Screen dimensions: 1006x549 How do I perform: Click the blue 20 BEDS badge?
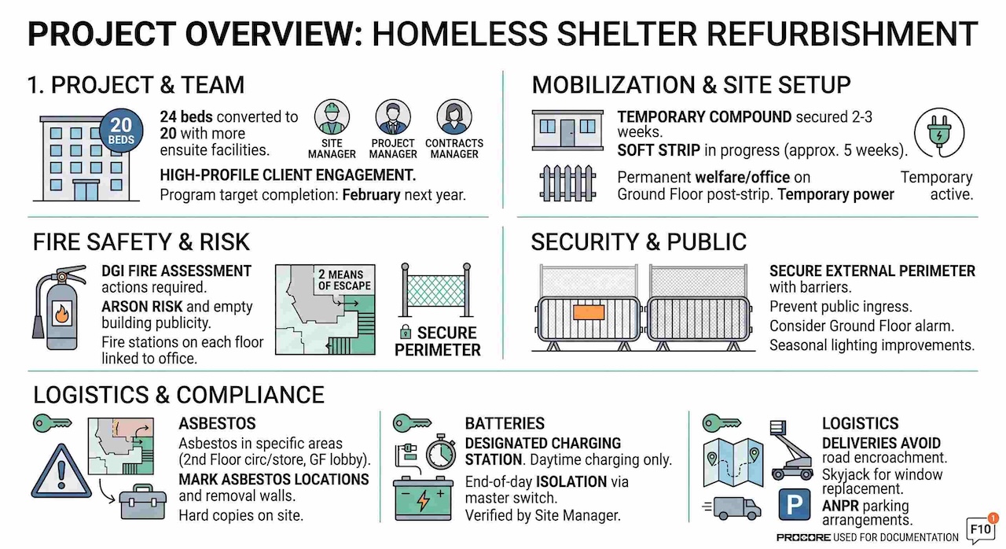click(x=121, y=131)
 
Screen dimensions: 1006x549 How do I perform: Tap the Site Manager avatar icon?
click(x=332, y=117)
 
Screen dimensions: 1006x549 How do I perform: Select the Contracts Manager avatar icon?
click(x=454, y=117)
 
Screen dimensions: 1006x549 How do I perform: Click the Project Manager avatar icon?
click(x=393, y=117)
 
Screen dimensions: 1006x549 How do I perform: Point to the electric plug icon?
click(x=939, y=133)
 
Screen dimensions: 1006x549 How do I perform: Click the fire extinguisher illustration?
click(x=58, y=308)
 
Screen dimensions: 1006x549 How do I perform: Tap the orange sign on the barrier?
click(x=589, y=312)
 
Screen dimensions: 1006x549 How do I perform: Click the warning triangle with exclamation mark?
click(x=61, y=471)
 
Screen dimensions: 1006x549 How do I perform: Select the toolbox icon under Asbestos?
click(x=143, y=502)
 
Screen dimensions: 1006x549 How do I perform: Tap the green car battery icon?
click(x=423, y=498)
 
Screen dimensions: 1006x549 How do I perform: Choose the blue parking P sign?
click(x=795, y=504)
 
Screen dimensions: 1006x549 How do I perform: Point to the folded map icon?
click(x=733, y=462)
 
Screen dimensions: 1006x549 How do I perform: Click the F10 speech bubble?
click(x=981, y=529)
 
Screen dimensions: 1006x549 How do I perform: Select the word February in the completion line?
click(x=371, y=195)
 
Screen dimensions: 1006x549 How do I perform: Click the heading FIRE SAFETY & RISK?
click(x=141, y=241)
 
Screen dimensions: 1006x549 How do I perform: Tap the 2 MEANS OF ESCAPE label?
click(x=344, y=280)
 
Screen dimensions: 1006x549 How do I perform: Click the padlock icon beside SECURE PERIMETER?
click(x=405, y=332)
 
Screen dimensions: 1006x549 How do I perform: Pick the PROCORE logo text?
click(x=803, y=537)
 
